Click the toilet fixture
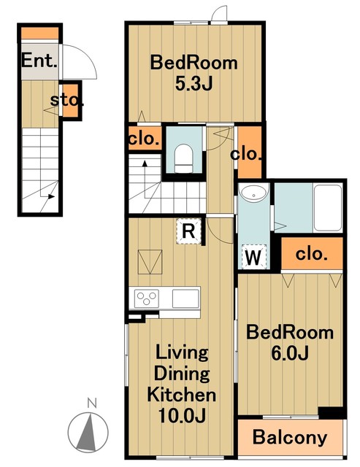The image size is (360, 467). point(183,158)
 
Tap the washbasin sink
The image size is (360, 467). point(253,193)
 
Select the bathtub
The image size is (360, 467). point(328,207)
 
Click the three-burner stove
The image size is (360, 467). point(146,298)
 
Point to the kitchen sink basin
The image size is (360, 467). point(185,298)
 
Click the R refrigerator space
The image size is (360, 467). point(188,231)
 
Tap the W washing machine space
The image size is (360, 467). point(253,256)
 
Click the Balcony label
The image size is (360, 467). point(290,438)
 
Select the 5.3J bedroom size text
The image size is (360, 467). point(194,84)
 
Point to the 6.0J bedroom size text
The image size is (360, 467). point(290,353)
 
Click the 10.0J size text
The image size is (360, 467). point(182,415)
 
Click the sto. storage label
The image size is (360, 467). point(66,100)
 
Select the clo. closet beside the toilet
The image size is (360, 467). point(144,139)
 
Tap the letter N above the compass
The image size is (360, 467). point(92,403)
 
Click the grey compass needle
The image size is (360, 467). point(86,432)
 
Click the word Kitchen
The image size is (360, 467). point(182,395)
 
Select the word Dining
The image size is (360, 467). point(182,374)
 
